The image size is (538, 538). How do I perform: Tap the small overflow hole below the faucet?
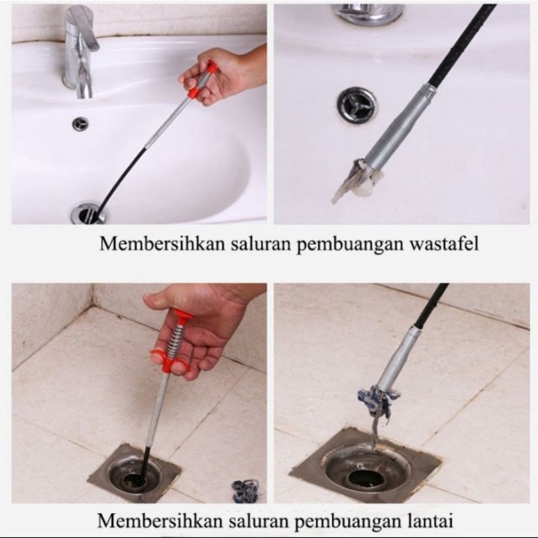pos(80,124)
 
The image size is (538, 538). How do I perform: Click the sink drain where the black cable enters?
pos(88,214)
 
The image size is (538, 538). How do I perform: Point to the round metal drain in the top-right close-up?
pos(356,105)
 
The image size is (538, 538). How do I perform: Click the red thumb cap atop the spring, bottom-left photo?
pos(182,315)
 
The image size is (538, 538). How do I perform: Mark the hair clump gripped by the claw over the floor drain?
pos(378,401)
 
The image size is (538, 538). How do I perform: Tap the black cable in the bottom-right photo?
pos(431,306)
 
